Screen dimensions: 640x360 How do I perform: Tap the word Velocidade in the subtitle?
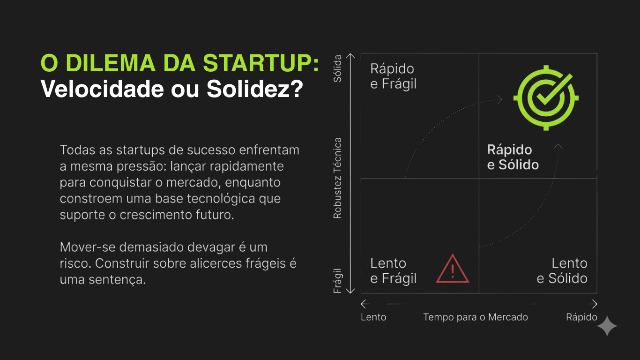click(x=102, y=89)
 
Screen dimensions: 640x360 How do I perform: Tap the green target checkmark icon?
click(x=546, y=98)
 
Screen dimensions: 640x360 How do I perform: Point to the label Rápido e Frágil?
click(x=393, y=76)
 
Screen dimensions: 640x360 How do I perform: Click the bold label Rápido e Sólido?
click(x=513, y=157)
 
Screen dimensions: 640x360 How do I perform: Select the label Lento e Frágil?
click(x=393, y=271)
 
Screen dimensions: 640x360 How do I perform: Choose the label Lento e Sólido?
click(x=562, y=271)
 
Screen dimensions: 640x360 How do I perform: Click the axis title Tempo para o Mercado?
click(x=476, y=317)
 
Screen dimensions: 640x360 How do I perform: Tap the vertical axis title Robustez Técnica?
click(x=337, y=178)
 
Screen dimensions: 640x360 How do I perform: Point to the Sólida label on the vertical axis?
click(x=337, y=68)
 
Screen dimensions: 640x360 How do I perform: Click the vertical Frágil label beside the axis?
click(x=337, y=281)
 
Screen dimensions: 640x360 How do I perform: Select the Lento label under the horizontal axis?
click(x=373, y=317)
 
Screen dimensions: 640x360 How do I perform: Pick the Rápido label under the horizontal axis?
click(x=581, y=317)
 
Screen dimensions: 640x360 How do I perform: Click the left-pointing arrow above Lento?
click(x=365, y=304)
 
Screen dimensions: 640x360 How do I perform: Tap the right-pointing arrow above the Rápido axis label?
click(x=593, y=304)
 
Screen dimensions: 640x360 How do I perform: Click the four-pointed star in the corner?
click(x=607, y=326)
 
